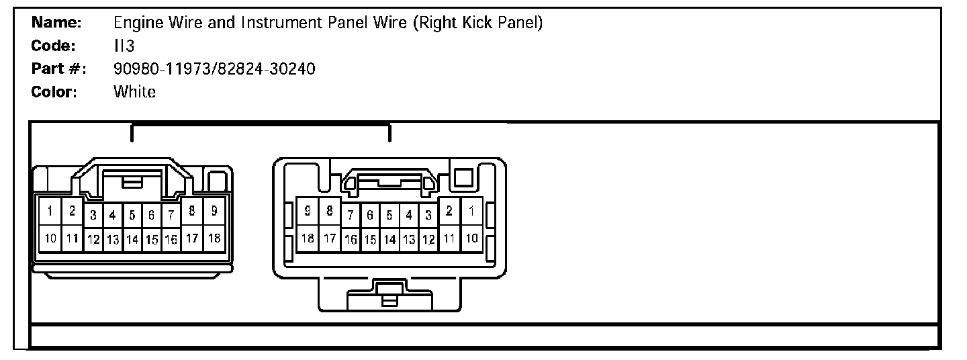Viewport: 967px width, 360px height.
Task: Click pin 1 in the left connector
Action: [x=50, y=212]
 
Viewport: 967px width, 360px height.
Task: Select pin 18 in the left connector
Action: [x=214, y=238]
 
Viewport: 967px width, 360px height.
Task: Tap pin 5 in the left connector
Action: [x=132, y=216]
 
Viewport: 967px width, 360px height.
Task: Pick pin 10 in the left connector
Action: [x=50, y=238]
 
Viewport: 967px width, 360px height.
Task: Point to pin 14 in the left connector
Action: [x=132, y=239]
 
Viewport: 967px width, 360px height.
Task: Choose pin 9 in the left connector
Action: [x=214, y=212]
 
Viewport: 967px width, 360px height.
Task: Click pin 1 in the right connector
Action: [x=472, y=212]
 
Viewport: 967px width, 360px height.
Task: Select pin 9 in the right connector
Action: [x=308, y=212]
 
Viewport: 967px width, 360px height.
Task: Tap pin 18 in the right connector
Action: [x=308, y=238]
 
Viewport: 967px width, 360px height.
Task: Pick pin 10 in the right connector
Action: [x=472, y=238]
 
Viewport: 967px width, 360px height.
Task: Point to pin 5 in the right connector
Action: [x=389, y=216]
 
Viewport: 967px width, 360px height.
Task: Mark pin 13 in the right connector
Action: [x=409, y=239]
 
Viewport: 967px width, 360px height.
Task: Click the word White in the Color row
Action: [x=134, y=92]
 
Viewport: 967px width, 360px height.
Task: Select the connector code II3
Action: [x=124, y=46]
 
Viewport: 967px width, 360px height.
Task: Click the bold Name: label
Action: [x=57, y=24]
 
